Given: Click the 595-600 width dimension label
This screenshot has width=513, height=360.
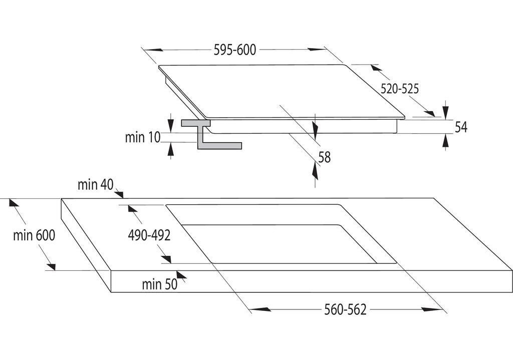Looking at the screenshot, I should [x=234, y=50].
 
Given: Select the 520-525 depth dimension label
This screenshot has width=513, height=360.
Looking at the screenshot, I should [x=399, y=89].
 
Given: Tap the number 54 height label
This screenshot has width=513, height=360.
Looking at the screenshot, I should [x=461, y=127].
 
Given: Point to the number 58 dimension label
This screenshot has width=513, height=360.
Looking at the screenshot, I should [x=325, y=157].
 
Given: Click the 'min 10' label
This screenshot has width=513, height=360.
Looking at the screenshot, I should [x=143, y=137].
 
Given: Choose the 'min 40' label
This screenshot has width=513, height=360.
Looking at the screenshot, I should [x=95, y=185].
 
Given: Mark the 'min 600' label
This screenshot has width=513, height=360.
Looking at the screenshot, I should [x=34, y=235].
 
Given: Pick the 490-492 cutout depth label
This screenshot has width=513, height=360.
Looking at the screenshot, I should [x=149, y=235].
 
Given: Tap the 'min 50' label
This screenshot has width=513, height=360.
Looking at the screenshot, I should [x=159, y=284].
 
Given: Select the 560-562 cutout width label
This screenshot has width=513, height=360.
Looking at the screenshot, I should [x=345, y=310].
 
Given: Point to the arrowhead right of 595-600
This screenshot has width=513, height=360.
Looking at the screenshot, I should [x=317, y=50].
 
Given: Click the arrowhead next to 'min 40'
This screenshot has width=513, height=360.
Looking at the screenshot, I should [x=119, y=194].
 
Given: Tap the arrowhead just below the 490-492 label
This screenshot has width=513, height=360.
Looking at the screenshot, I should [x=166, y=259].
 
